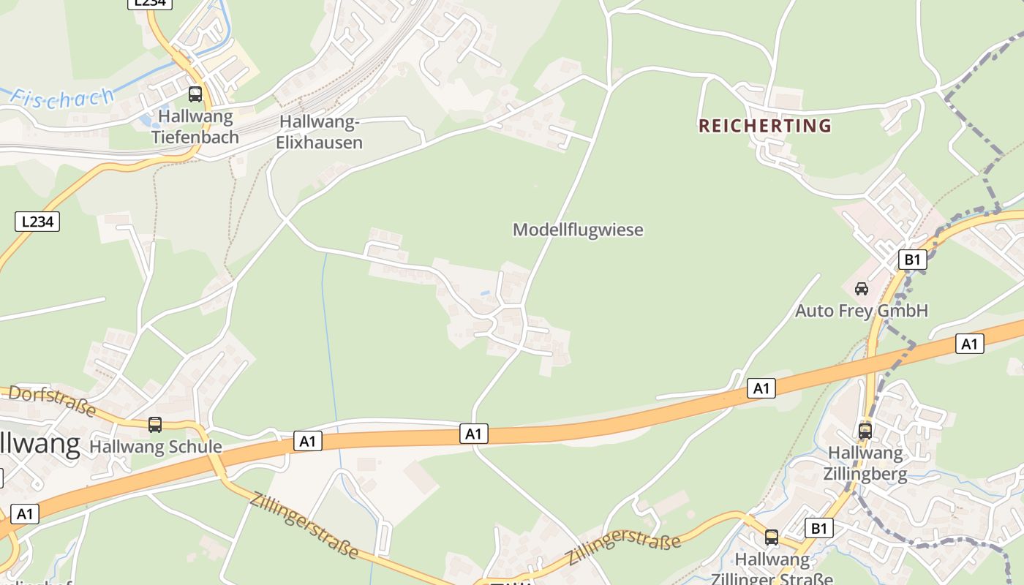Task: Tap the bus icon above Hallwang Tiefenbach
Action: tap(195, 94)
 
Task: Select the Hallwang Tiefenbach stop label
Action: tap(195, 127)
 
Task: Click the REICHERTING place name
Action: tap(765, 126)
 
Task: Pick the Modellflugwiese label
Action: tap(578, 230)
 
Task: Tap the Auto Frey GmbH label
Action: tap(861, 311)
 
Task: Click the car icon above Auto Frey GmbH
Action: tap(862, 288)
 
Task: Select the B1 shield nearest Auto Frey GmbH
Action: tap(912, 259)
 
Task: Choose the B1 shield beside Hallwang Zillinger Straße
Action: tap(818, 527)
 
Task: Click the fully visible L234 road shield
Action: tap(37, 221)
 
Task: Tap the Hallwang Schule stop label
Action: tap(156, 447)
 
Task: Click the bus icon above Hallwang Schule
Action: tap(155, 424)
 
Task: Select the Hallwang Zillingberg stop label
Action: tap(865, 464)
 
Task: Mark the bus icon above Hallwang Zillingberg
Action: tap(865, 431)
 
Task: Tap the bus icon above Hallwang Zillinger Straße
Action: tap(772, 537)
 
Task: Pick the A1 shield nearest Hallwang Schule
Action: tap(308, 441)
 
